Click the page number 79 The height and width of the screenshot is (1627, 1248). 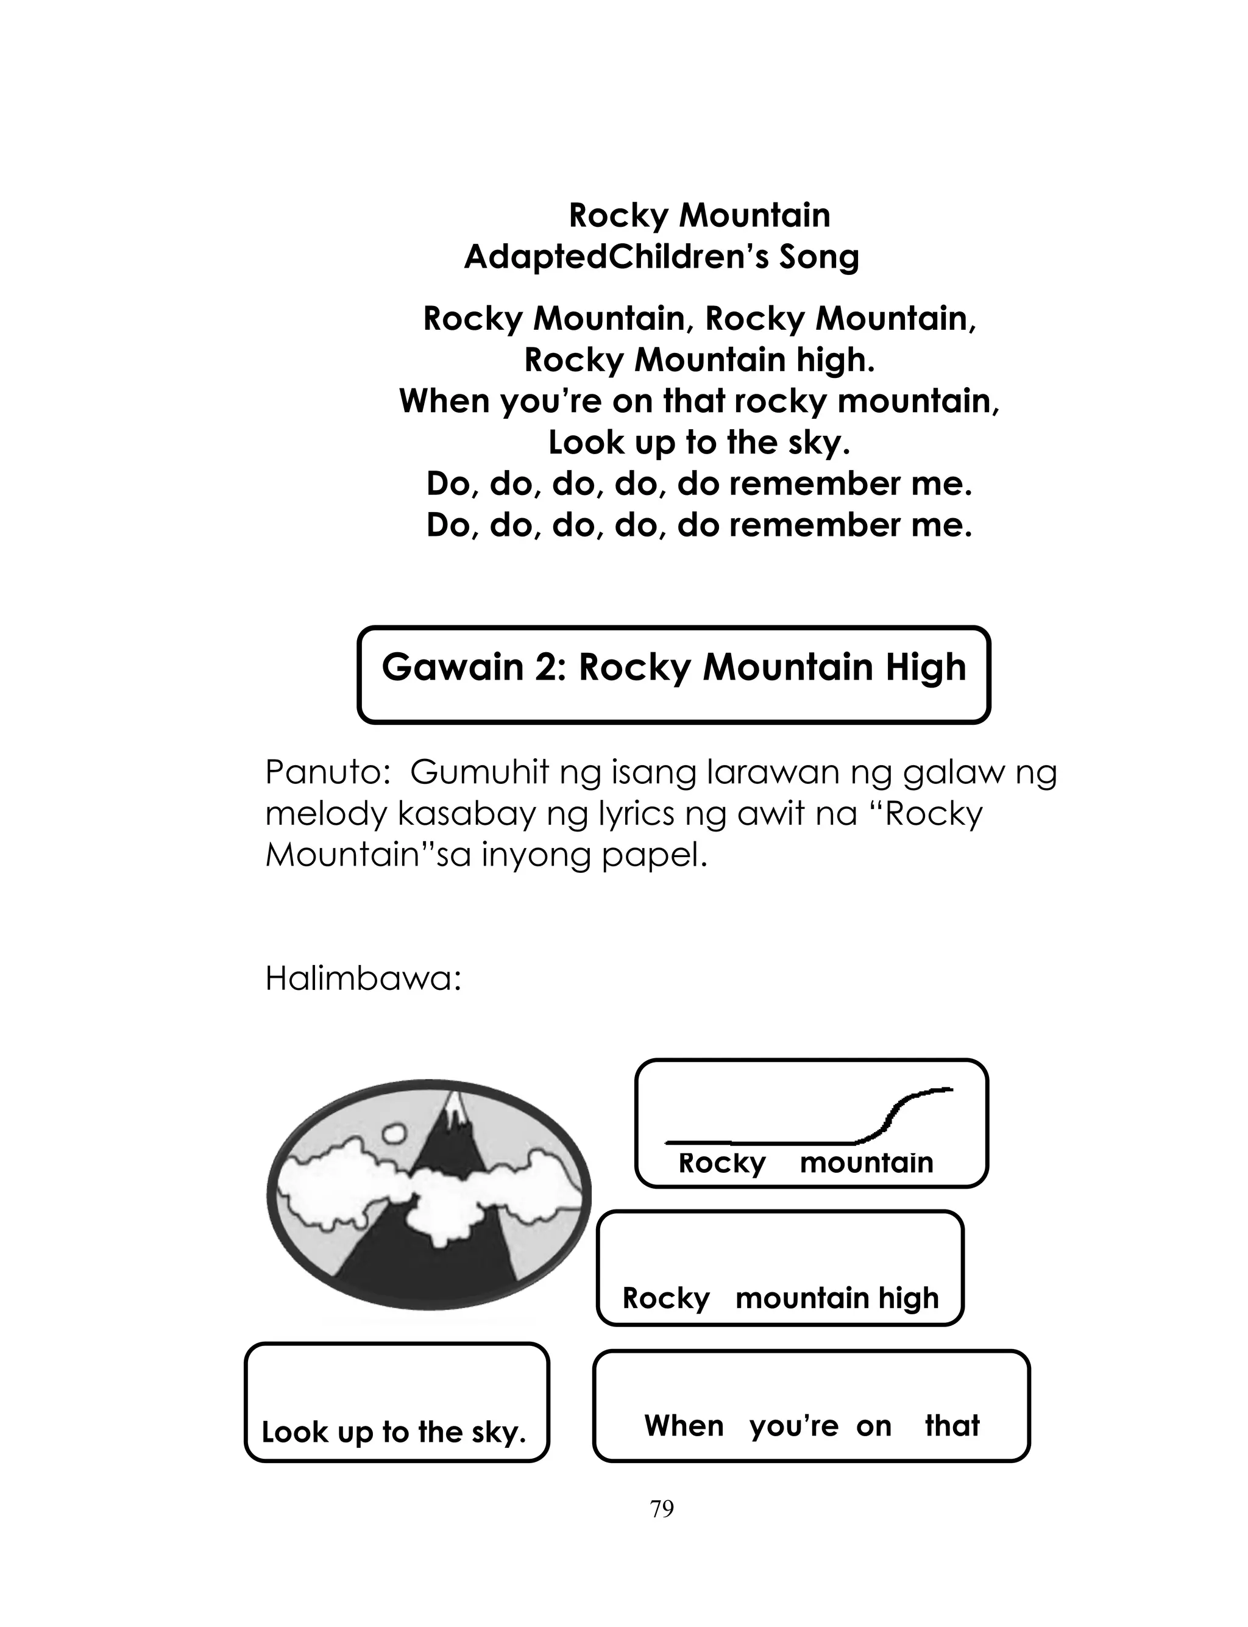tap(661, 1509)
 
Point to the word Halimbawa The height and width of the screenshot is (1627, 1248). tap(363, 979)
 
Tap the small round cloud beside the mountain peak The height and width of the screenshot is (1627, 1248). tap(393, 1133)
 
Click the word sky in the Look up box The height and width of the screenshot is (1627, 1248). tap(497, 1433)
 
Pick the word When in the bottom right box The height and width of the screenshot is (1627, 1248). tap(684, 1426)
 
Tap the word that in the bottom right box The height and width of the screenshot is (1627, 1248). tap(952, 1426)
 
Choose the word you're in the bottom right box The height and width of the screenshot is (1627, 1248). tap(793, 1426)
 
